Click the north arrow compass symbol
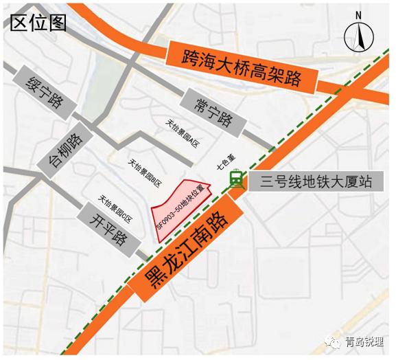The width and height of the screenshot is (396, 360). pyautogui.click(x=358, y=38)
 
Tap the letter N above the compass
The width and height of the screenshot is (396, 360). pyautogui.click(x=358, y=16)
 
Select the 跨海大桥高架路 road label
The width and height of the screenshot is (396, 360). pyautogui.click(x=241, y=67)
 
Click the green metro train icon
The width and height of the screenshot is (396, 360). pyautogui.click(x=236, y=179)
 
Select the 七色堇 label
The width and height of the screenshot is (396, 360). pyautogui.click(x=221, y=165)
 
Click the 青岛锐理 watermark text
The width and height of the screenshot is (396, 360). pyautogui.click(x=365, y=342)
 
